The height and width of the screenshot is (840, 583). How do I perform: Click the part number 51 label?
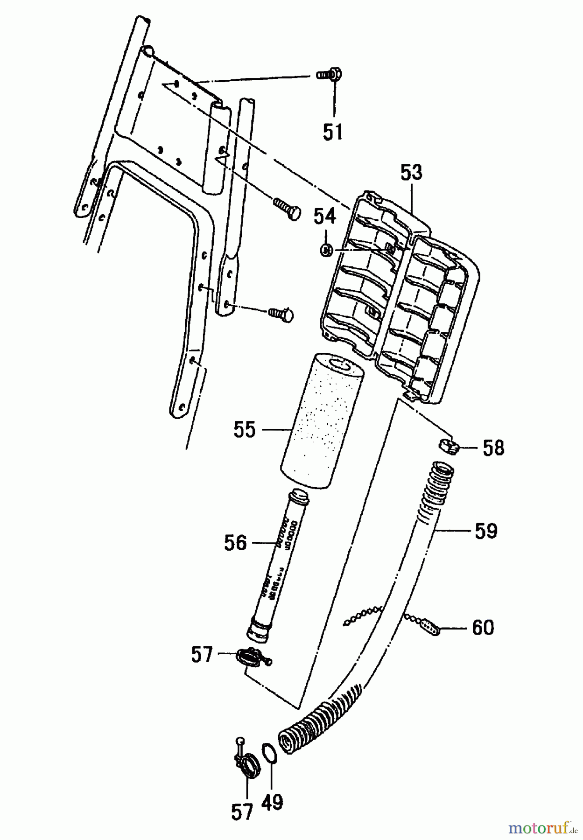point(333,133)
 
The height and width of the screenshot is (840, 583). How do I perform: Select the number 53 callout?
point(411,173)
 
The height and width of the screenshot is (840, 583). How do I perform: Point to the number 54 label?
point(324,217)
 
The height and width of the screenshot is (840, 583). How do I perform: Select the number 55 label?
point(245,429)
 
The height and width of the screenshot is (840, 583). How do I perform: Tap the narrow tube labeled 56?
point(276,565)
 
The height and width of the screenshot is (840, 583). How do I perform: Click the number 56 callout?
point(235,543)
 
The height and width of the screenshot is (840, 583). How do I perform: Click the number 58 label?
point(493,448)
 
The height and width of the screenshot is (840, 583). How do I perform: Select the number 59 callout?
point(486,531)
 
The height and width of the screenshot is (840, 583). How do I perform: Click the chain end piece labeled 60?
point(429,628)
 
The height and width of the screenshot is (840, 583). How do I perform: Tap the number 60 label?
point(483,628)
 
